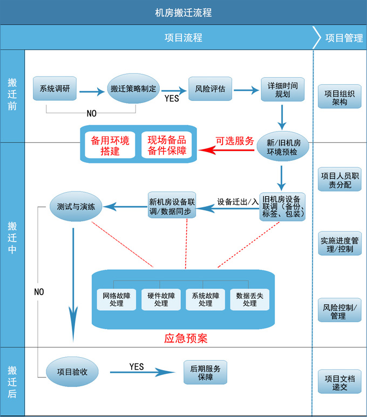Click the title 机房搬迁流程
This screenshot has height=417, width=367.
(183, 12)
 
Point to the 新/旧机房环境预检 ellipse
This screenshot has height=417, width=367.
(282, 147)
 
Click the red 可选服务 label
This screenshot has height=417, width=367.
(235, 141)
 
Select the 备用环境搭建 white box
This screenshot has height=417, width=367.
(110, 146)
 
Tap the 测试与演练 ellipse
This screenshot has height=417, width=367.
(76, 207)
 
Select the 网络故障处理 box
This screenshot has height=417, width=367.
(116, 299)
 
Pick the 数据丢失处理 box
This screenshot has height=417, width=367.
(249, 299)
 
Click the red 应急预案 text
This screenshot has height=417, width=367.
(185, 339)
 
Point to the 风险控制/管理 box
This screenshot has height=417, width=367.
(339, 311)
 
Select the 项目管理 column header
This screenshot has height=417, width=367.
(344, 38)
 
